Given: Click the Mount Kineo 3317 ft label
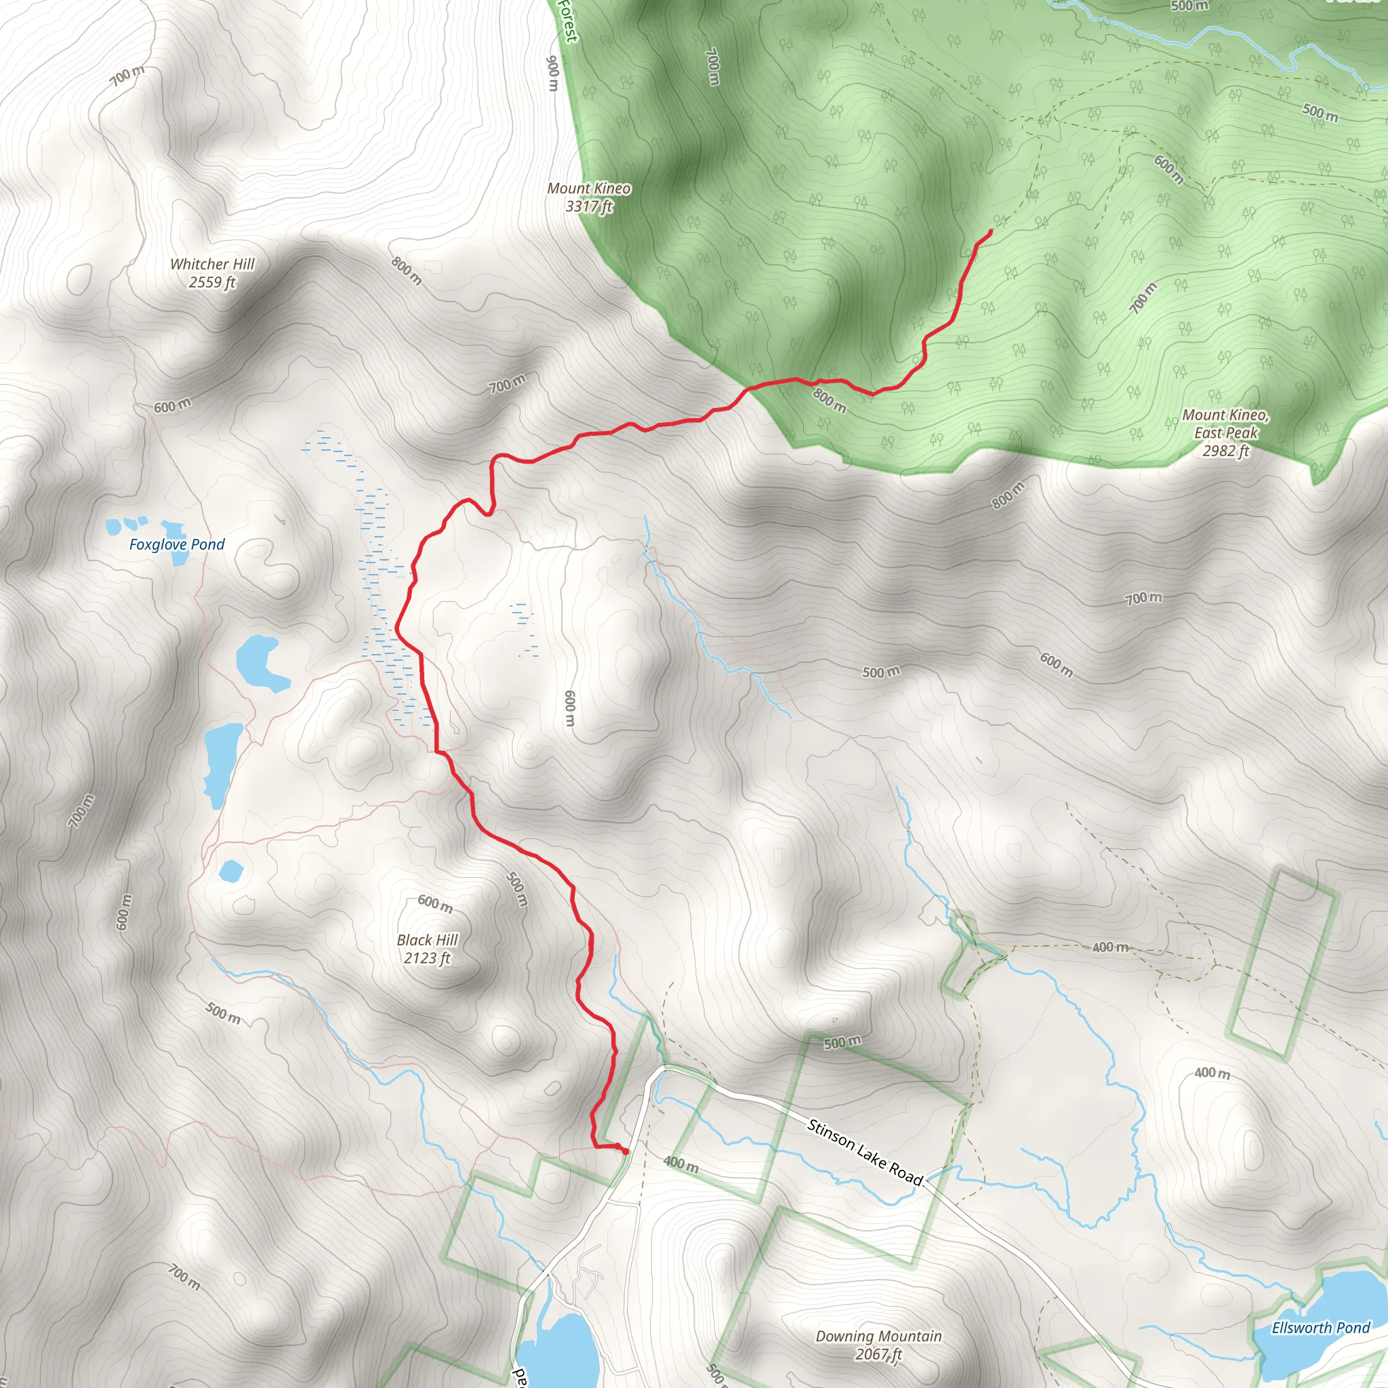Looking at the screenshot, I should click(588, 197).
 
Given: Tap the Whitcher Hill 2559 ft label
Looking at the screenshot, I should click(212, 273).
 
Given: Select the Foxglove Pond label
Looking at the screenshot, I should click(177, 545).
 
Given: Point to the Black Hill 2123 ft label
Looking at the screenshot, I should click(427, 948).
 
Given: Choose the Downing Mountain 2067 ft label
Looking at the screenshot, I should click(878, 1345).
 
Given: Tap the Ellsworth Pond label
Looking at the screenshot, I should click(1320, 1328).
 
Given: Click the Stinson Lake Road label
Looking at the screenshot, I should click(864, 1151).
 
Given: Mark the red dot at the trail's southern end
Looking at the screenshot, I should click(625, 1151).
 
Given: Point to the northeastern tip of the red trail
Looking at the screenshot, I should click(991, 230).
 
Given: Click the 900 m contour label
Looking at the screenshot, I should click(552, 73).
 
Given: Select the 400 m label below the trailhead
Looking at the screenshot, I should click(680, 1163).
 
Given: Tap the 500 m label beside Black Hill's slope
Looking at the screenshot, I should click(516, 889).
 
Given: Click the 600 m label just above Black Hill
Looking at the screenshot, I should click(435, 903).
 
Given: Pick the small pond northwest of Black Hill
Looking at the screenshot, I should click(230, 871).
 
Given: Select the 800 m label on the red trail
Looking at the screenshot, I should click(829, 399).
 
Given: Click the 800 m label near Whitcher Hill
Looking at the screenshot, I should click(407, 271).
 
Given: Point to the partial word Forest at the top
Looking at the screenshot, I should click(567, 20).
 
